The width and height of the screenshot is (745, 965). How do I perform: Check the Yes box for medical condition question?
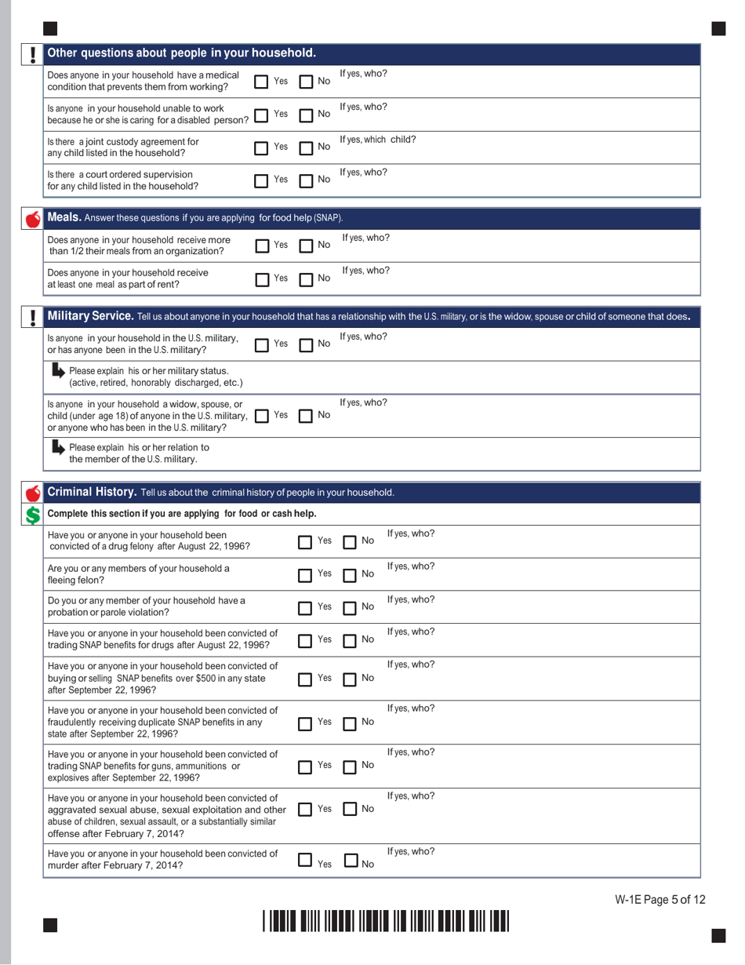coord(262,81)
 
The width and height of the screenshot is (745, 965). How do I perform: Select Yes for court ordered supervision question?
coord(262,180)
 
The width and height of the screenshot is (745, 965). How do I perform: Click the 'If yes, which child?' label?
coord(377,140)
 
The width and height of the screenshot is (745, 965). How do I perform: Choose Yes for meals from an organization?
coord(262,246)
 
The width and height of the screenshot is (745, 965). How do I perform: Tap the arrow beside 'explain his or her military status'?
coord(58,370)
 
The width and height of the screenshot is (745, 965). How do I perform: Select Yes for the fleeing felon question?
coord(307,574)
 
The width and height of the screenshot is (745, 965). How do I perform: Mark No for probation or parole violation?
coord(351,607)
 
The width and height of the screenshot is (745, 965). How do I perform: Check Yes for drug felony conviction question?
coord(307,541)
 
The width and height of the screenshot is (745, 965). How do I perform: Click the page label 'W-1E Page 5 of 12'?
coord(660,900)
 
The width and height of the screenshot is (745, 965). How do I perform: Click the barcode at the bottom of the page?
coord(386,920)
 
